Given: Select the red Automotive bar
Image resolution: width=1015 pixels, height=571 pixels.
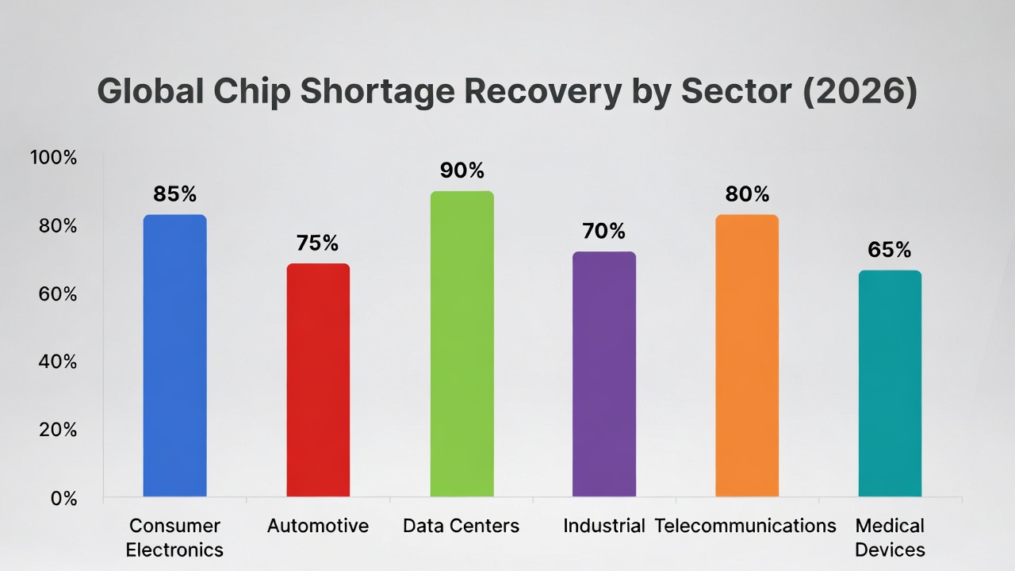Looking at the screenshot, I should click(318, 380).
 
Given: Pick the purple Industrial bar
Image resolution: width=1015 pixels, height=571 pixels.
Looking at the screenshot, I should click(604, 374).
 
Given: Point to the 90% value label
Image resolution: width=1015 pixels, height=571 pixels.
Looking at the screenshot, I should click(462, 171).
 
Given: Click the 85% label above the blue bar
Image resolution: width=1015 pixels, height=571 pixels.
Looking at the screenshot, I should click(175, 194).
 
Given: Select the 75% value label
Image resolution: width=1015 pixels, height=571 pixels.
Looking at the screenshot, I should click(318, 243).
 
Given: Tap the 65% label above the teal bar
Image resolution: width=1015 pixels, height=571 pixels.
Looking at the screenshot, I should click(890, 250).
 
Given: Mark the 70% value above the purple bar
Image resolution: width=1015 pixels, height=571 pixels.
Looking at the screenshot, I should click(604, 232).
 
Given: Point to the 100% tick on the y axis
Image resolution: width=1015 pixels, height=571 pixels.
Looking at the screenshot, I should click(54, 158).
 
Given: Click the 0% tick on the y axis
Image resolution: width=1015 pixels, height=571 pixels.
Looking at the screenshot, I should click(63, 498).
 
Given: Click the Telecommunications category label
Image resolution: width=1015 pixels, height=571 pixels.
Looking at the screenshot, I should click(745, 526).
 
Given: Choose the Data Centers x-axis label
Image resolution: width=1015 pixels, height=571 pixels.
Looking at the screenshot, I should click(462, 526).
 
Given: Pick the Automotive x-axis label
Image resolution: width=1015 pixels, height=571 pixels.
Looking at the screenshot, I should click(318, 526).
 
